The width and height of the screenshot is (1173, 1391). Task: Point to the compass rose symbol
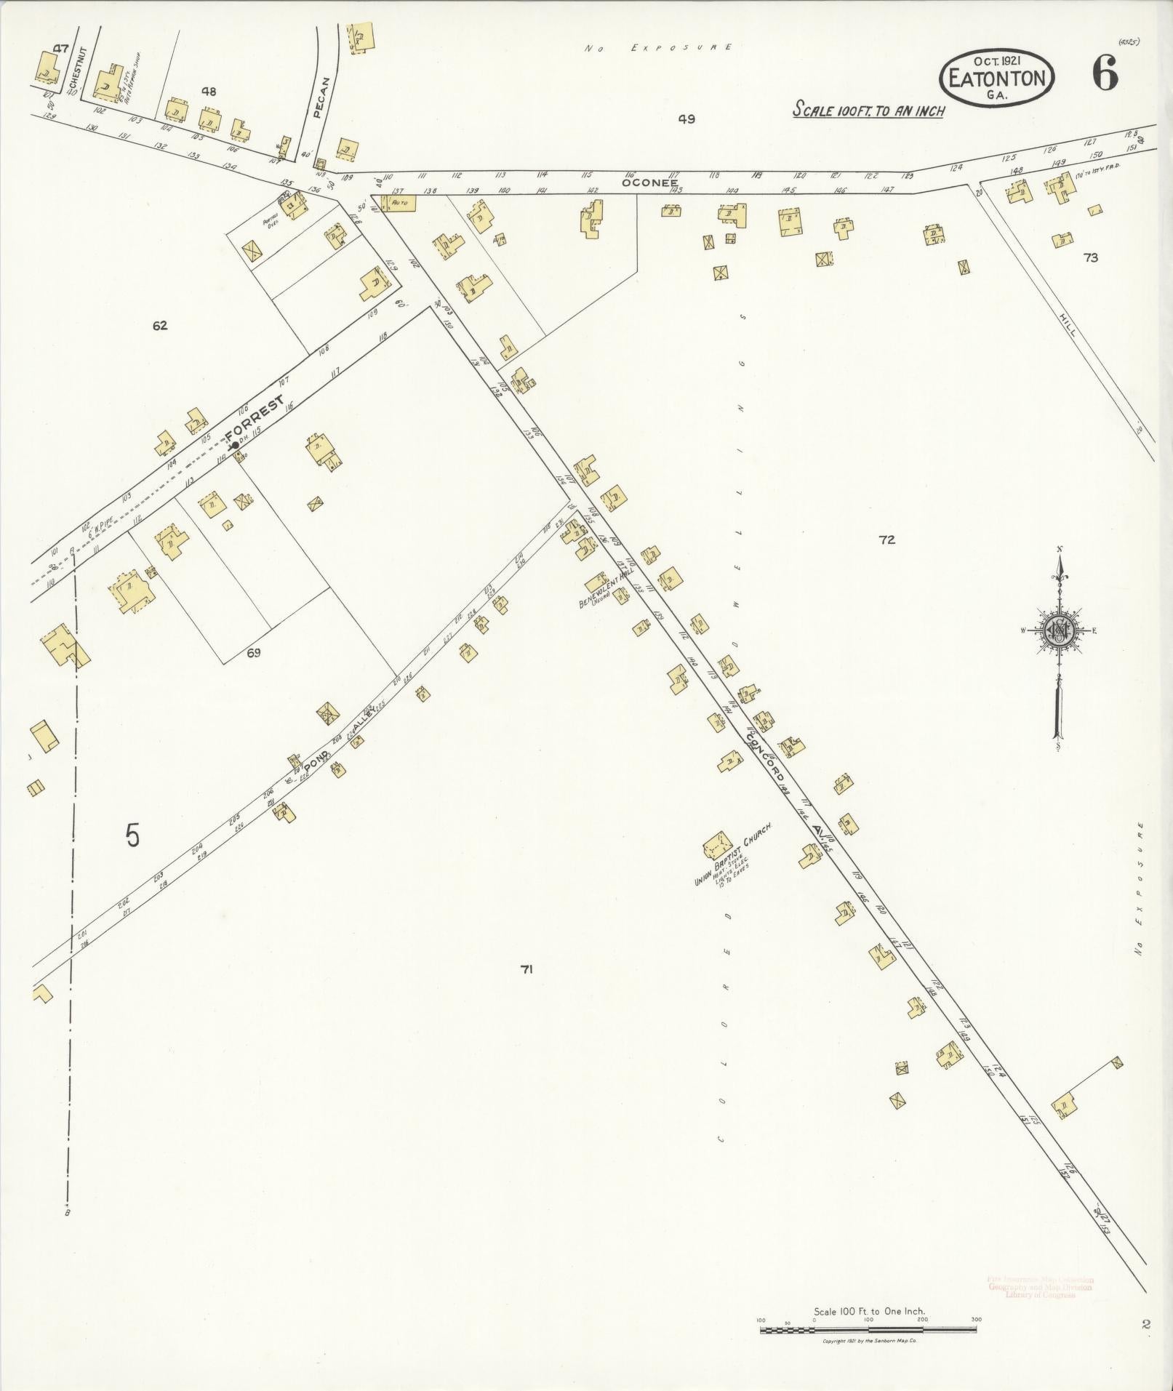pyautogui.click(x=1060, y=630)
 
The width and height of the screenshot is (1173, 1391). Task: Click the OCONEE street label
pyautogui.click(x=649, y=183)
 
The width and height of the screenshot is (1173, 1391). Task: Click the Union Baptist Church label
pyautogui.click(x=732, y=854)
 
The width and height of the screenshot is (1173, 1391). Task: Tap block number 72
pyautogui.click(x=886, y=540)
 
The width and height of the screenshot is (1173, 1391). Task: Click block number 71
pyautogui.click(x=527, y=969)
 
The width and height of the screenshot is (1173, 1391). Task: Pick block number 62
pyautogui.click(x=160, y=326)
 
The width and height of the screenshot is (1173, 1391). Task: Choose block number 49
pyautogui.click(x=686, y=119)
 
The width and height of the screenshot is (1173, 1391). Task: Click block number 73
pyautogui.click(x=1090, y=257)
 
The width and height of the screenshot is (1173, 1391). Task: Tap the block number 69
pyautogui.click(x=253, y=653)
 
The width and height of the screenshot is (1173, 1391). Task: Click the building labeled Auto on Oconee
pyautogui.click(x=399, y=202)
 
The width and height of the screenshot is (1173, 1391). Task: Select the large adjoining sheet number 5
pyautogui.click(x=132, y=835)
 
